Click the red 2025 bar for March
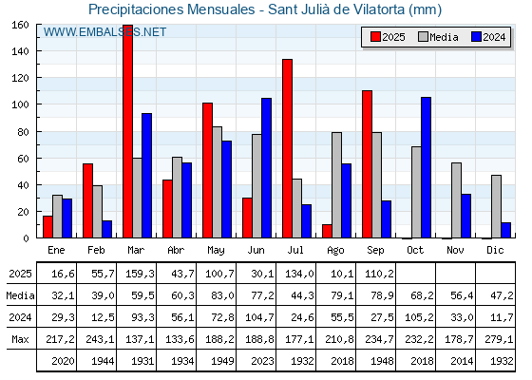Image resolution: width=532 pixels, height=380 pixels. click(x=127, y=131)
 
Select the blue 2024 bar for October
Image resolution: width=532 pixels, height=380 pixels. click(x=427, y=167)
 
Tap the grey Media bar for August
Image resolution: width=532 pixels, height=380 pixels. click(x=336, y=185)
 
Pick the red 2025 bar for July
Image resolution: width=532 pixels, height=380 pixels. click(x=287, y=148)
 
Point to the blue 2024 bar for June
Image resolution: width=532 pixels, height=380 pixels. click(x=266, y=168)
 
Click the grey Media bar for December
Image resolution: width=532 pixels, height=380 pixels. click(x=496, y=207)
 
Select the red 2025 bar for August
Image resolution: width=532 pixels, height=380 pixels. click(x=327, y=231)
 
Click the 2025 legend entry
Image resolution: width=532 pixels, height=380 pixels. click(x=388, y=37)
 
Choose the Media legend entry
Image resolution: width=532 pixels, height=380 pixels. click(x=438, y=37)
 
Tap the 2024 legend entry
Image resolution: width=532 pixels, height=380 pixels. click(x=488, y=37)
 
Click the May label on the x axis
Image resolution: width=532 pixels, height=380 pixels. click(x=216, y=251)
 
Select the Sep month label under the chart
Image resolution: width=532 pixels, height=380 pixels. click(x=375, y=251)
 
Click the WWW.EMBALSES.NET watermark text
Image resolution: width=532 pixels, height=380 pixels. click(x=104, y=32)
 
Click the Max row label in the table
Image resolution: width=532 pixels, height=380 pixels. click(x=20, y=339)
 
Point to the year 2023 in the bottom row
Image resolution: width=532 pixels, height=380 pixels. click(x=262, y=361)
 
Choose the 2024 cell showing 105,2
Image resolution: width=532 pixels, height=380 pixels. click(x=419, y=317)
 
